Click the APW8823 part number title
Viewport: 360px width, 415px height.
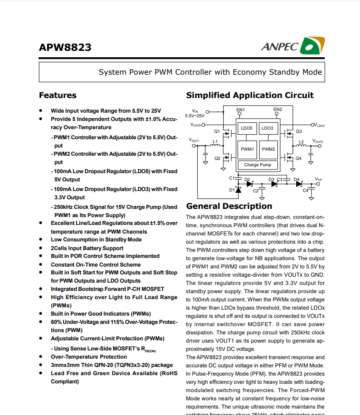point(65,48)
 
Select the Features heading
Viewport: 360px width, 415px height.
point(58,95)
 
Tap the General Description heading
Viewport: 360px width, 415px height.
point(229,206)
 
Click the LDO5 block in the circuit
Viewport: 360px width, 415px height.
point(247,128)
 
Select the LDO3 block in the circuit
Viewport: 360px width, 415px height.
point(267,128)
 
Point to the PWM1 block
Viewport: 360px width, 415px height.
point(247,149)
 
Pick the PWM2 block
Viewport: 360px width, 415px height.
point(268,149)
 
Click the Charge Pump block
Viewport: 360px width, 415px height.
point(257,165)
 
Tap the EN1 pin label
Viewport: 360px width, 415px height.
point(241,110)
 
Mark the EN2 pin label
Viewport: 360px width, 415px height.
point(277,109)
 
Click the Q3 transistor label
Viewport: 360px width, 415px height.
point(299,131)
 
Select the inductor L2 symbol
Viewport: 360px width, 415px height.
point(301,145)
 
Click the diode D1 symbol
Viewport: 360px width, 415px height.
point(238,189)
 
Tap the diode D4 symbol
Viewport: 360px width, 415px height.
point(299,184)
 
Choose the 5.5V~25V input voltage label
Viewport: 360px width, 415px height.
point(195,116)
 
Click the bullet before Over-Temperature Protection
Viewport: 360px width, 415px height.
point(41,357)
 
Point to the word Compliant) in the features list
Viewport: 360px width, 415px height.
point(65,382)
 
